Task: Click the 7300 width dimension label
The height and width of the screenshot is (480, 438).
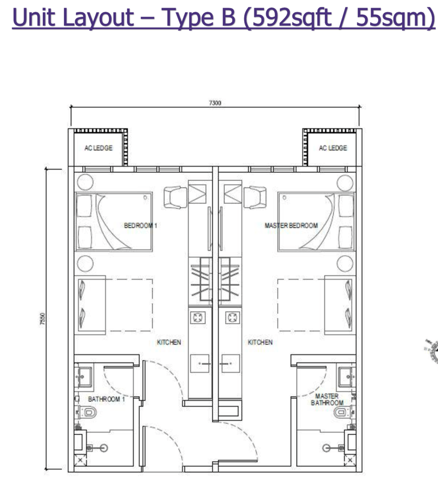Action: click(215, 103)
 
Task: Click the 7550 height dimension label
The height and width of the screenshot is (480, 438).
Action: click(43, 319)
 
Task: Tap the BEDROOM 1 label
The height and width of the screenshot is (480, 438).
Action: click(140, 225)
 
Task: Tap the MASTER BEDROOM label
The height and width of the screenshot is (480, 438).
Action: click(291, 225)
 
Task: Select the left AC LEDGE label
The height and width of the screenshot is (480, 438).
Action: click(99, 148)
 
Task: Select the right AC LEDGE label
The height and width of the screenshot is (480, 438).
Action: click(333, 148)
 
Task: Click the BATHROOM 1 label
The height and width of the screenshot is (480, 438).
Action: click(107, 399)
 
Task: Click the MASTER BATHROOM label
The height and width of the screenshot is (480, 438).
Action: click(327, 399)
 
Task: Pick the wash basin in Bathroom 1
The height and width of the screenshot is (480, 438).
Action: click(83, 377)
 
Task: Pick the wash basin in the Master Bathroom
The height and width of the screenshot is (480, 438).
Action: click(347, 377)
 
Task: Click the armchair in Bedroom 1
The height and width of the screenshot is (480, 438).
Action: click(175, 197)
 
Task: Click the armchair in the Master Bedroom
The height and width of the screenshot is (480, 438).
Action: click(255, 197)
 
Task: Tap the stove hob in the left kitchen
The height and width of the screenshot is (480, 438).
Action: click(198, 317)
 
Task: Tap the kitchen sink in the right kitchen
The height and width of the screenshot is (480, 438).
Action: click(230, 364)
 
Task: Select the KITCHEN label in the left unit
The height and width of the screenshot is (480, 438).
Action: click(169, 342)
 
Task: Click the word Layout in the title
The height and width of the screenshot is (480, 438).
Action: click(99, 18)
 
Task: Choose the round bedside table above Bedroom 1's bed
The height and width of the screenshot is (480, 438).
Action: click(85, 182)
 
